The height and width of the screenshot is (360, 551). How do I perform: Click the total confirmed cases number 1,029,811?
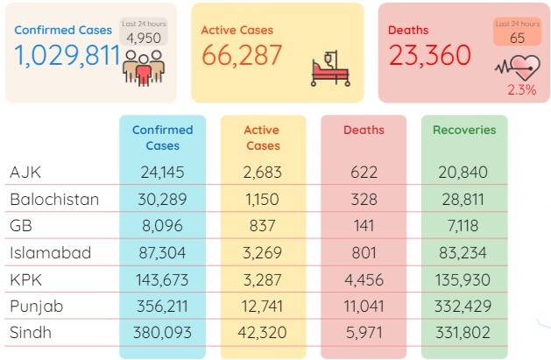pyautogui.click(x=67, y=55)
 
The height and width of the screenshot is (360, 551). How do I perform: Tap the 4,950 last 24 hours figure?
pyautogui.click(x=144, y=38)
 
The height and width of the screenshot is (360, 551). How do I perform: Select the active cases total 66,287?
pyautogui.click(x=242, y=55)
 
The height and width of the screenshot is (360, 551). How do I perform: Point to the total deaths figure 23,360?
pyautogui.click(x=430, y=55)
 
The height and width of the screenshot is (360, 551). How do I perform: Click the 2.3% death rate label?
pyautogui.click(x=522, y=90)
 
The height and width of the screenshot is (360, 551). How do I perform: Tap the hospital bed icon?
pyautogui.click(x=330, y=68)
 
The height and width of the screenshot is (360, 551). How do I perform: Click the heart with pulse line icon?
pyautogui.click(x=518, y=67)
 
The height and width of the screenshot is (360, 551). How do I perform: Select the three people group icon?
pyautogui.click(x=144, y=68)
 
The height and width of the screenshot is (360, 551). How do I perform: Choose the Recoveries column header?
pyautogui.click(x=464, y=130)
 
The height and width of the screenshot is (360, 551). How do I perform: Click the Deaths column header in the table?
pyautogui.click(x=364, y=130)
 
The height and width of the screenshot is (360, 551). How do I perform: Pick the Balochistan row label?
pyautogui.click(x=54, y=199)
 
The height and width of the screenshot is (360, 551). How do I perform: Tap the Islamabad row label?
pyautogui.click(x=51, y=252)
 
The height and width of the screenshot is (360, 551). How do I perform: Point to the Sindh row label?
pyautogui.click(x=31, y=332)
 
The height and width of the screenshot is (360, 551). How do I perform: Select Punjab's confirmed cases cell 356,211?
pyautogui.click(x=162, y=307)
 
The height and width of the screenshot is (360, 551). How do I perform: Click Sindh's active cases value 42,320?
pyautogui.click(x=262, y=332)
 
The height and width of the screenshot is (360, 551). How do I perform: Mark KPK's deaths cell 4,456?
pyautogui.click(x=364, y=280)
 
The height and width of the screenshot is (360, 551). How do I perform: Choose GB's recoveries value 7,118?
pyautogui.click(x=463, y=225)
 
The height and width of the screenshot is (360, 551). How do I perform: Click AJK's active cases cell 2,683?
pyautogui.click(x=263, y=172)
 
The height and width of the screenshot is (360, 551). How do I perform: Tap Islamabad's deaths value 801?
pyautogui.click(x=364, y=252)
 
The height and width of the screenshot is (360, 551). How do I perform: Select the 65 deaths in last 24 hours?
pyautogui.click(x=517, y=38)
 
